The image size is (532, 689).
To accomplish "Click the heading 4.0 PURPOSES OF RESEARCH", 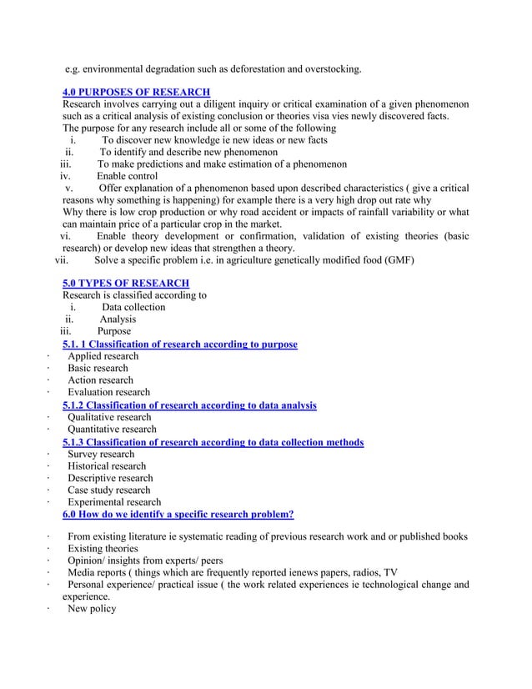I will pyautogui.click(x=136, y=92).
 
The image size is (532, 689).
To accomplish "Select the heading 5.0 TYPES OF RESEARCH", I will pyautogui.click(x=126, y=284).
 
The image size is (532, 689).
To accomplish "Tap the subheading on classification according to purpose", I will pyautogui.click(x=180, y=344).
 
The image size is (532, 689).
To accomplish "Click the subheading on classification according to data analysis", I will pyautogui.click(x=189, y=405).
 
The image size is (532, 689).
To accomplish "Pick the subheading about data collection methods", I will pyautogui.click(x=213, y=442).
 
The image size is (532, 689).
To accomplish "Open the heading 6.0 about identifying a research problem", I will pyautogui.click(x=178, y=515).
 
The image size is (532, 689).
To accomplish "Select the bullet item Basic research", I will pyautogui.click(x=98, y=369).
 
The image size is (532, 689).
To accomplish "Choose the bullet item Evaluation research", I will pyautogui.click(x=109, y=392).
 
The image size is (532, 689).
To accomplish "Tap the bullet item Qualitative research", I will pyautogui.click(x=109, y=417).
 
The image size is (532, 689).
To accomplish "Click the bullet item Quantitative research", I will pyautogui.click(x=112, y=430).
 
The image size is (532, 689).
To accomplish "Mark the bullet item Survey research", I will pyautogui.click(x=101, y=455).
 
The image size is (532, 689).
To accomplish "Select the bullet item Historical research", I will pyautogui.click(x=107, y=466).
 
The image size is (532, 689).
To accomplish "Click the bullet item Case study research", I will pyautogui.click(x=109, y=490).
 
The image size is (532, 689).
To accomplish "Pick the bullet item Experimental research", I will pyautogui.click(x=114, y=502).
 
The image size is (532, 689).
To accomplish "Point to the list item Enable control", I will pyautogui.click(x=127, y=177).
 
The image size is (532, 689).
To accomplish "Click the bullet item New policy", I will pyautogui.click(x=92, y=609).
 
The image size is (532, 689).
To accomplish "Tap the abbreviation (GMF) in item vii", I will pyautogui.click(x=397, y=260).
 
